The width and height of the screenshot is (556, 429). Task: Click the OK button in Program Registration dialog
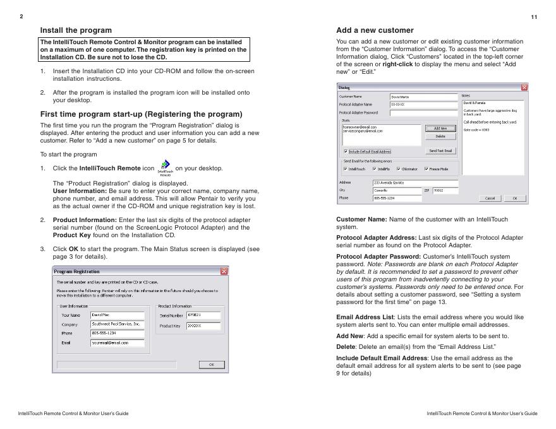coord(212,365)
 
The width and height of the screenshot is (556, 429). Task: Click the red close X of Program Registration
coord(224,271)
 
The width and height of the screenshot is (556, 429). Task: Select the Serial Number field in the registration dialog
coord(203,314)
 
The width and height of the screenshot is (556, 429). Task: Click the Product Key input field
coord(203,326)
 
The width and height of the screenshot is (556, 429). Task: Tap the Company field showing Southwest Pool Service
coord(117,324)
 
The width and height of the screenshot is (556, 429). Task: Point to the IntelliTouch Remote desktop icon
coord(165,167)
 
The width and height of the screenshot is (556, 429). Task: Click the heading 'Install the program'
coord(76,30)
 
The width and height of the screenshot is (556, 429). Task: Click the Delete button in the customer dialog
coord(440,136)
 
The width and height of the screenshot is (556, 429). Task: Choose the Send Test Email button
coord(440,151)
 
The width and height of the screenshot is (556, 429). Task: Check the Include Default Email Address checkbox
coord(346,151)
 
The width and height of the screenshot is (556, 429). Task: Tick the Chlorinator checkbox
coord(399,169)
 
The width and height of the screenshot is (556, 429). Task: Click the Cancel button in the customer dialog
coord(490,198)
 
